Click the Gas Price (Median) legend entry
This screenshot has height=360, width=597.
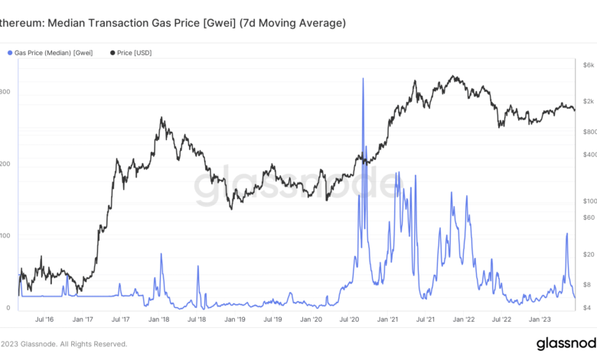coord(50,52)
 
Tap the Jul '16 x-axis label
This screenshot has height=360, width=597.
coord(45,319)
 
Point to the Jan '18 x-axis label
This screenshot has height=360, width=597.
coord(158,319)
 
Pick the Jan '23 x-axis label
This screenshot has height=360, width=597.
coord(540,319)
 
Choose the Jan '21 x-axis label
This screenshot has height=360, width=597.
coord(388,319)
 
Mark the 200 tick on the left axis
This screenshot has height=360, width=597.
coord(5,164)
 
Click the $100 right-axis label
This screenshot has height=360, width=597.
coord(586,201)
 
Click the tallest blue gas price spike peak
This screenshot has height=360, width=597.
coord(362,79)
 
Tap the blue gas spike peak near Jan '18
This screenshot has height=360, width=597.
coord(161,254)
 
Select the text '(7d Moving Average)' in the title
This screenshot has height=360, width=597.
coord(292,24)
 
